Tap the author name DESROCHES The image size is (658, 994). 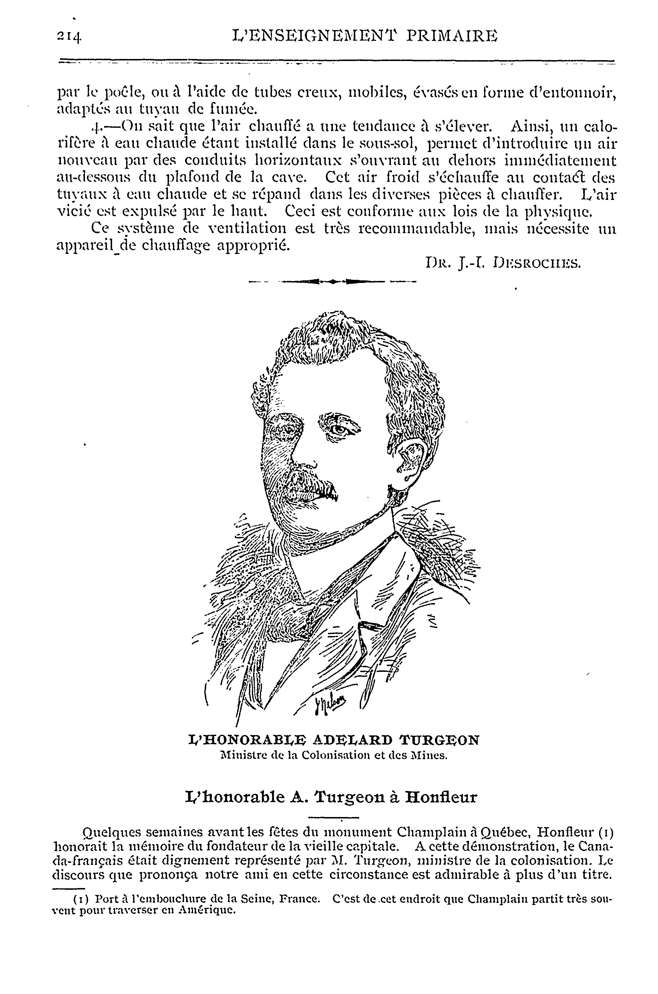point(538,263)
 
